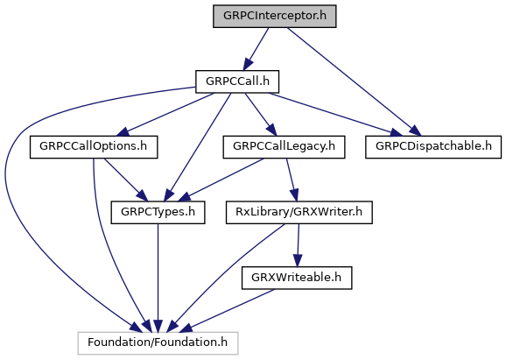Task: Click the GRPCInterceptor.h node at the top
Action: point(275,16)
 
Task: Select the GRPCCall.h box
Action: point(237,81)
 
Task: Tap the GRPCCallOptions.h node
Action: point(94,147)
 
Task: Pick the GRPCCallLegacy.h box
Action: point(284,147)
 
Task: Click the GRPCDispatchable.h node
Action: point(433,147)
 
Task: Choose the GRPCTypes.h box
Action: point(158,213)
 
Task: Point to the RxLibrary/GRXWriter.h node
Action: point(299,213)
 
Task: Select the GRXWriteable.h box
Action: point(297,278)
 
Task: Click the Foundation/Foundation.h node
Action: point(158,343)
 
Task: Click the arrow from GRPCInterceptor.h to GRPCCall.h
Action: point(256,49)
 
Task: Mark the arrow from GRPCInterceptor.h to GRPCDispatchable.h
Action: point(354,81)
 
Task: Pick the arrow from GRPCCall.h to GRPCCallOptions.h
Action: point(165,115)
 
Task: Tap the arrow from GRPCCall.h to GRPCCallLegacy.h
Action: point(261,115)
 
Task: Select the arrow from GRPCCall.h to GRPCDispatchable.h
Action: point(335,115)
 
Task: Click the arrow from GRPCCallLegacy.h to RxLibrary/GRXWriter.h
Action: point(292,180)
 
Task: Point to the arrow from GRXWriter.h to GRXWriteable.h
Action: point(298,245)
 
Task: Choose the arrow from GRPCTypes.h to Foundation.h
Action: point(158,278)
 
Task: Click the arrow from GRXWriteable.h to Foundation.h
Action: point(228,311)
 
